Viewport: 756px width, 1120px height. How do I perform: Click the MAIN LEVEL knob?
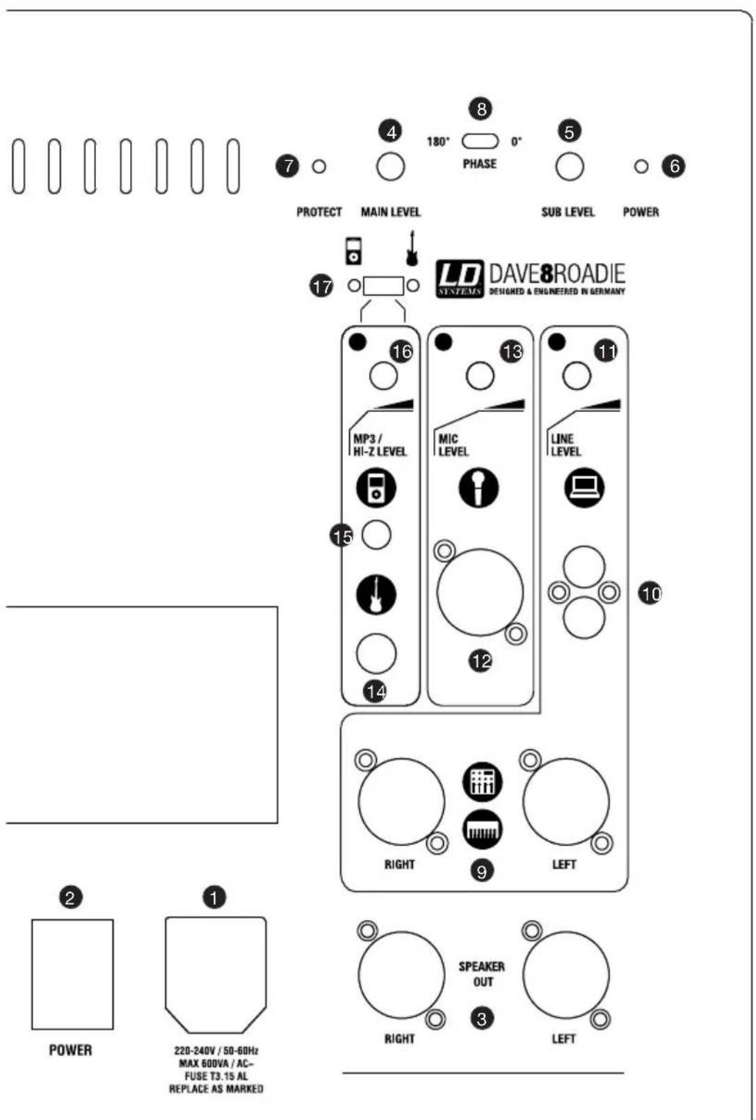pos(390,167)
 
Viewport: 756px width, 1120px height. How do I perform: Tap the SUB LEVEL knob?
pos(569,167)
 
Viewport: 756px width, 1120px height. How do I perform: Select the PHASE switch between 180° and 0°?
pos(480,141)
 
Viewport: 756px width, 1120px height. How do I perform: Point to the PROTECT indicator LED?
pos(319,167)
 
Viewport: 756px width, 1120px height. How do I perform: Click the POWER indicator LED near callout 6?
pos(641,167)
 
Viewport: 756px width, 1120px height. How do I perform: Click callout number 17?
pos(321,285)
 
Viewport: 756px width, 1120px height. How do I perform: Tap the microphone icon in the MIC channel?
pos(478,487)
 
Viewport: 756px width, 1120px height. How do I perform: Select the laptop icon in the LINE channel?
pos(584,487)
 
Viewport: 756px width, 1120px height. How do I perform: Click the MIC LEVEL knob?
pos(480,376)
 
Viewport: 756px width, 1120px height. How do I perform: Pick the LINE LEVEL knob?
pos(577,376)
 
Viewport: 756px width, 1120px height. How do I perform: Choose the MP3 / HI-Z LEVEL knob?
pos(383,376)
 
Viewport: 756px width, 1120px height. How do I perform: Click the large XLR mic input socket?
pos(480,592)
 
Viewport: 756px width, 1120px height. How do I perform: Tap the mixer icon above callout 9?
pos(482,781)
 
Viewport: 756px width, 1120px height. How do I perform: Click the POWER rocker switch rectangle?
pos(72,974)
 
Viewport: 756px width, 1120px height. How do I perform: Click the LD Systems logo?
pos(460,279)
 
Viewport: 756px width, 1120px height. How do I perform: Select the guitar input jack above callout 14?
pos(376,654)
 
